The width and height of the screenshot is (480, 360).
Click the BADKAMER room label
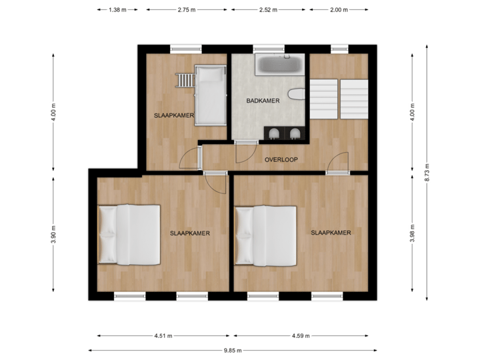pos(263,101)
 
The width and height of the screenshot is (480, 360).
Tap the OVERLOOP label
pos(281,160)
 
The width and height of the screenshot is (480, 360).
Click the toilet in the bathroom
pos(296,96)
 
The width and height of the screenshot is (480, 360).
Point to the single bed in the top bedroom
pos(210,94)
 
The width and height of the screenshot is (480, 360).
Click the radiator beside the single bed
pos(185,81)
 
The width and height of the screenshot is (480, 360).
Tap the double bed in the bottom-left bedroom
pos(129,235)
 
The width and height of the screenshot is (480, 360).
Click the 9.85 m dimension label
pos(232,350)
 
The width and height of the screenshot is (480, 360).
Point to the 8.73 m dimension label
pos(427,173)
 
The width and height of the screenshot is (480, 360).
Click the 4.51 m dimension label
pos(163,335)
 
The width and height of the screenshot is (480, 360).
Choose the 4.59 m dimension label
pos(300,335)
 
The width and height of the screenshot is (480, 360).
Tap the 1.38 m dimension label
pos(117,10)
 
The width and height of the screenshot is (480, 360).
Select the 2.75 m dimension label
pos(187,10)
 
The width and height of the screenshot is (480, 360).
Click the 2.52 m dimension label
pos(268,10)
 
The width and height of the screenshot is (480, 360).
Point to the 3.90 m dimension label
pos(54,234)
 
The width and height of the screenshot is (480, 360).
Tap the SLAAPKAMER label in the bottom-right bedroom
pos(331,233)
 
